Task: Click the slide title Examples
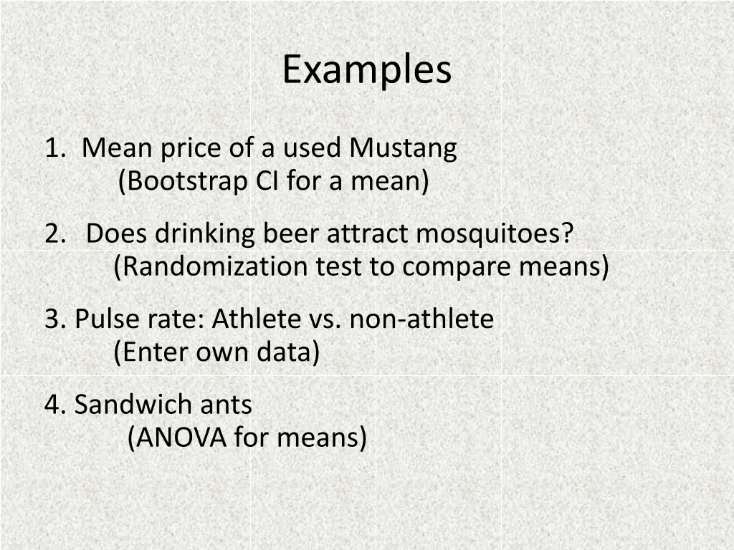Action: pos(366,70)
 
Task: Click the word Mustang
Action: pos(404,148)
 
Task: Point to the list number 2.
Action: pos(53,233)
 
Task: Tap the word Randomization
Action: pos(211,267)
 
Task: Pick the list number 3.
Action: pos(54,319)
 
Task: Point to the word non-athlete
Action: pos(421,319)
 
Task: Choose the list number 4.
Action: pos(54,405)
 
